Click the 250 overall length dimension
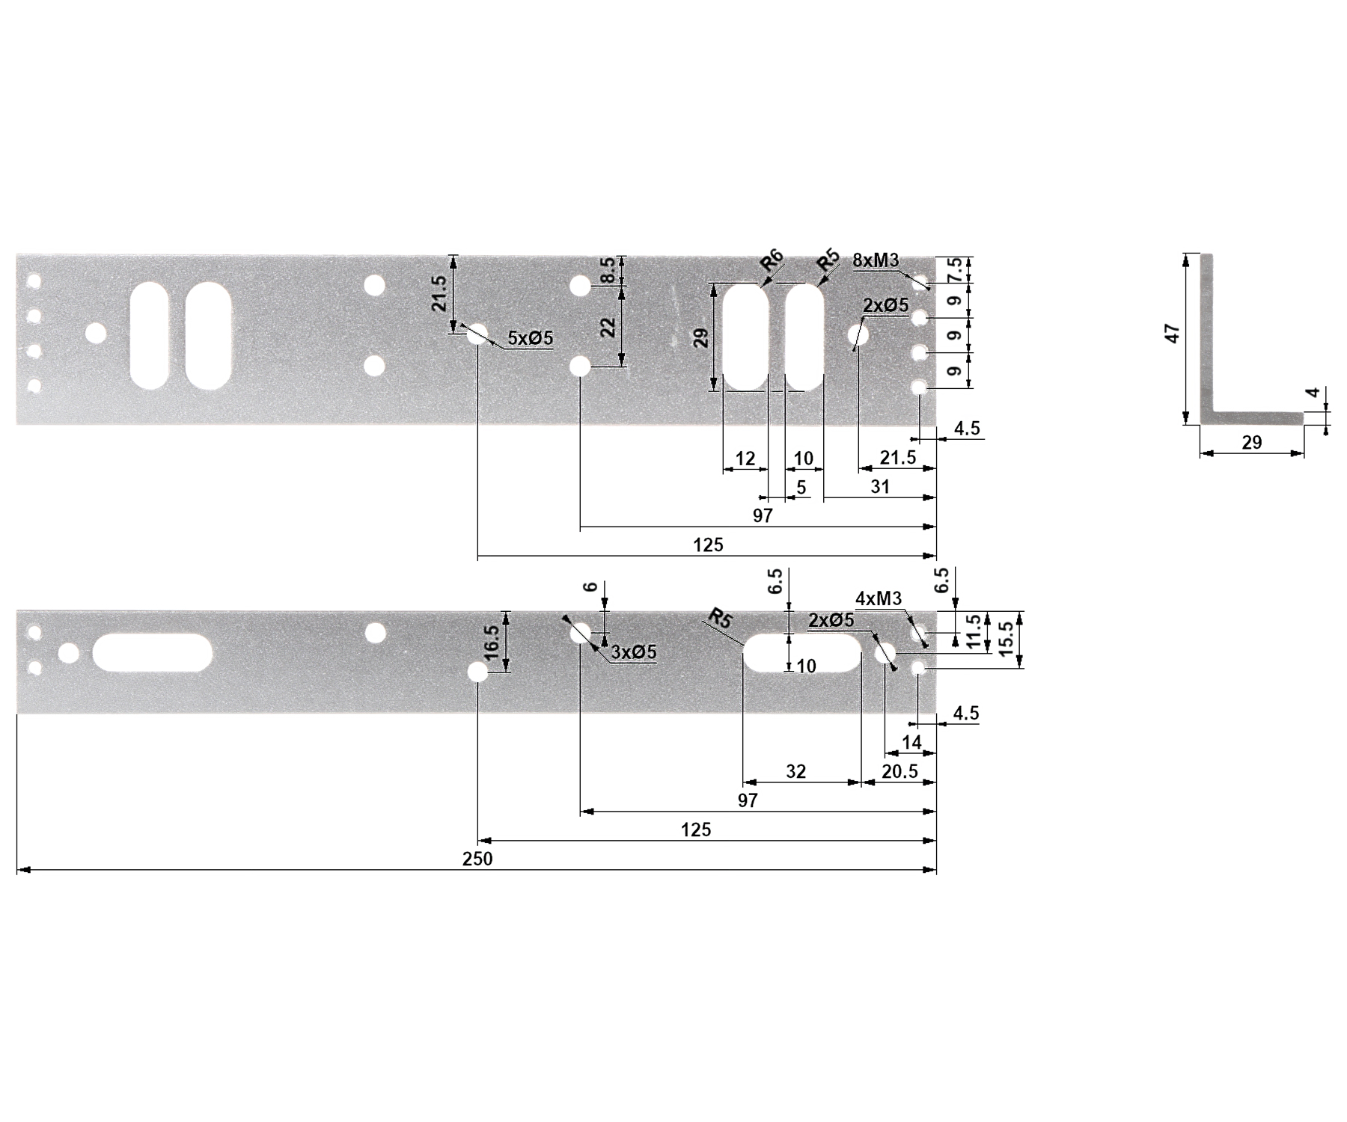[x=477, y=859]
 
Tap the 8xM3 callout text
[x=876, y=260]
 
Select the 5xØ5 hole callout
[x=531, y=338]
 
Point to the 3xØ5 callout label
[x=634, y=652]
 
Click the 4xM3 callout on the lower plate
[x=879, y=598]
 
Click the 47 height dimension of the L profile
[x=1173, y=333]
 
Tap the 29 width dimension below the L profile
[x=1252, y=443]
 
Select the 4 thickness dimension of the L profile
[x=1313, y=393]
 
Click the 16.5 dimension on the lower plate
[x=491, y=642]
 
